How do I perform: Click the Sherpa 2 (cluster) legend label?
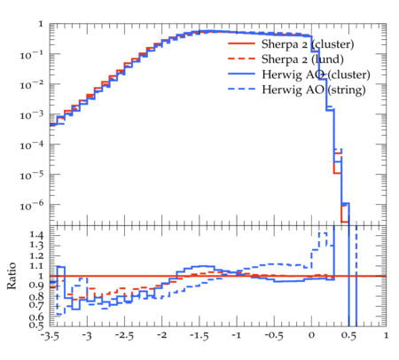point(308,44)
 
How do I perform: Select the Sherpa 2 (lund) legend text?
point(302,59)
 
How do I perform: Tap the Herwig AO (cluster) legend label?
point(316,74)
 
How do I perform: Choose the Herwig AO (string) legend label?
point(313,90)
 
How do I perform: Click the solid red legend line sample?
point(241,43)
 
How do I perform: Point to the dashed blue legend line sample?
point(241,89)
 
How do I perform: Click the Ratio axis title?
point(12,276)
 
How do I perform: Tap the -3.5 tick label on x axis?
point(50,336)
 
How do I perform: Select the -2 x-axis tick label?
point(161,335)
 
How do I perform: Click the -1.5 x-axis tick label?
point(199,336)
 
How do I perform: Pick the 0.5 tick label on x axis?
point(348,336)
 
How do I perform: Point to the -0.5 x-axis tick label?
point(274,336)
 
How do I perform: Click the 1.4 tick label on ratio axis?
point(36,236)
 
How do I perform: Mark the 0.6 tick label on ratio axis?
point(36,317)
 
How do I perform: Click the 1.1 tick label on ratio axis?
point(36,266)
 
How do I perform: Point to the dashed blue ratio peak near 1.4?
point(323,233)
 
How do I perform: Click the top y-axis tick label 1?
point(41,24)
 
